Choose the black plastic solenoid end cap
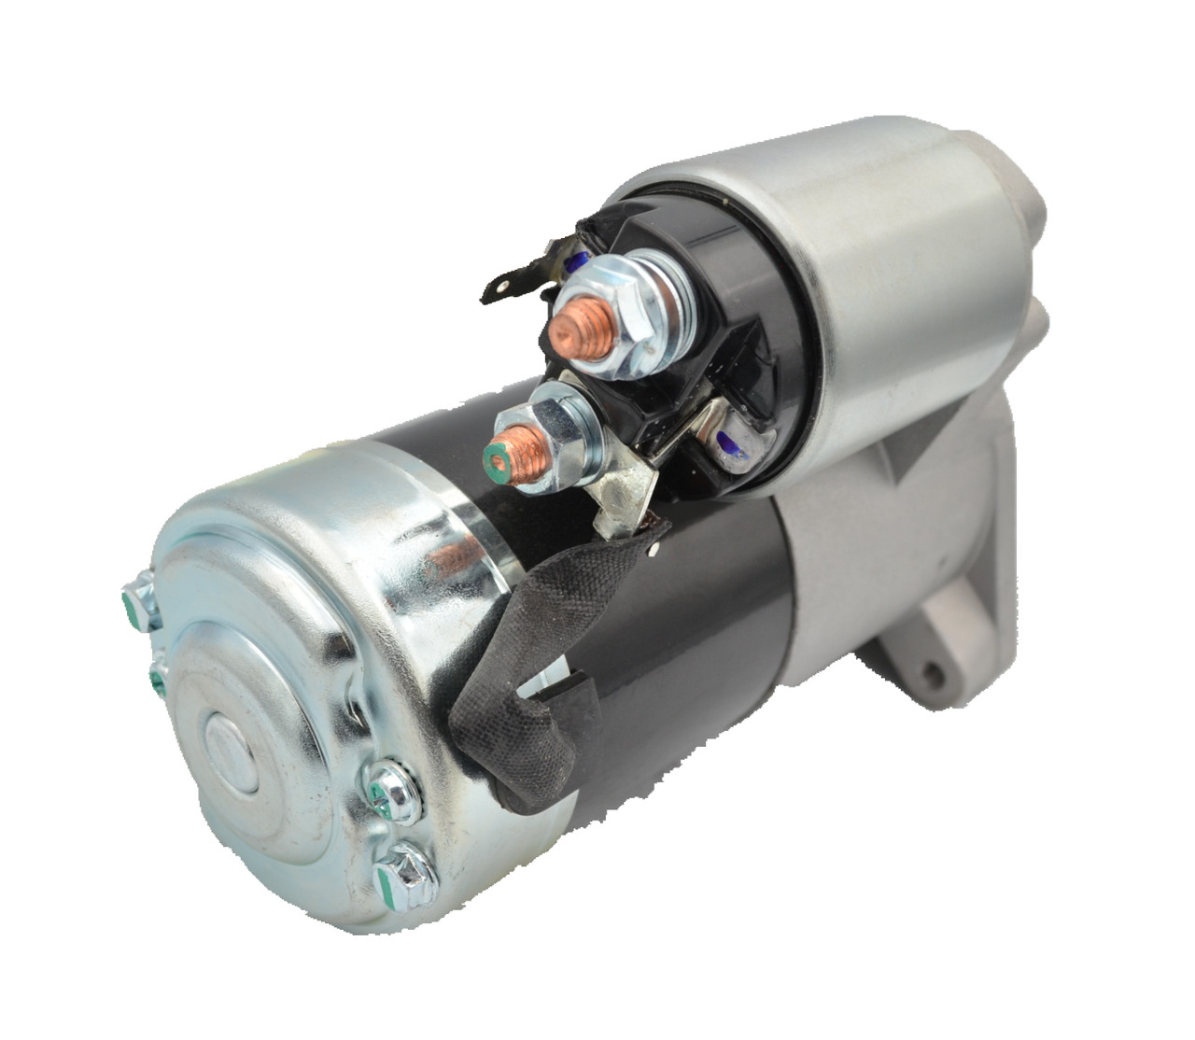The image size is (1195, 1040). coord(691,355)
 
